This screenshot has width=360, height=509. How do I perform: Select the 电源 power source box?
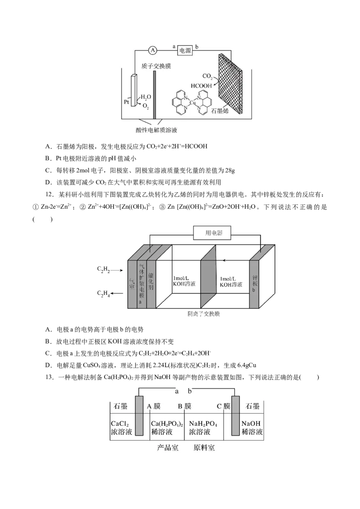point(185,51)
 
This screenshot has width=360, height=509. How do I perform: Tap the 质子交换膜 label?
point(156,66)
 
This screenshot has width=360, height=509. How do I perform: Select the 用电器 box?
point(214,232)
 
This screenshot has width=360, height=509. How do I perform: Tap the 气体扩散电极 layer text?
point(141,283)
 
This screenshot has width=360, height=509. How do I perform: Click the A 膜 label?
point(154,406)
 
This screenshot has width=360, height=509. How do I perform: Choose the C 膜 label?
point(224,406)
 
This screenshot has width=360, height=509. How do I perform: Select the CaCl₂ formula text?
point(120,424)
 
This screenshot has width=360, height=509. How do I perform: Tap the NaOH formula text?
point(251,424)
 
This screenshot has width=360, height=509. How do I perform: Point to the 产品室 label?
point(167,447)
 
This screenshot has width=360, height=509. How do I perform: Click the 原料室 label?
point(204,447)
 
